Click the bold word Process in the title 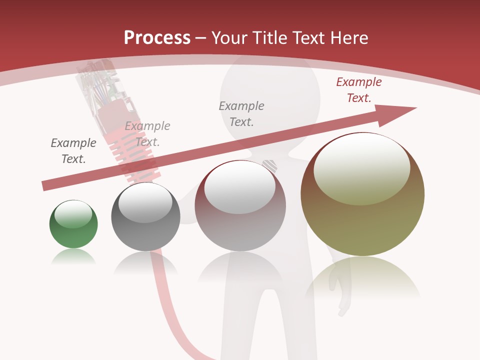[x=157, y=38]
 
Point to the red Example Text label [x=359, y=90]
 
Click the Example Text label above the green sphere [x=73, y=151]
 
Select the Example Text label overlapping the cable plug [x=147, y=134]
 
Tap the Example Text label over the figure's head [x=241, y=113]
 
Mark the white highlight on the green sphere [x=73, y=213]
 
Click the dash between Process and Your [x=201, y=38]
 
